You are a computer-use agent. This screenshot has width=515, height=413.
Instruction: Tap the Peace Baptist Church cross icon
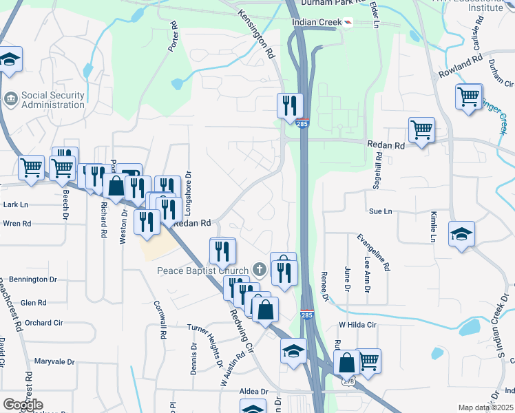pyautogui.click(x=259, y=269)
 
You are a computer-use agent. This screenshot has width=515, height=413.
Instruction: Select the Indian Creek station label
pyautogui.click(x=317, y=22)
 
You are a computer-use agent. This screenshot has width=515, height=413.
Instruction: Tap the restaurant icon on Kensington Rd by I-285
pyautogui.click(x=288, y=105)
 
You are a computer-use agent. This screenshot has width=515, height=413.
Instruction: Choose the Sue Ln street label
pyautogui.click(x=380, y=211)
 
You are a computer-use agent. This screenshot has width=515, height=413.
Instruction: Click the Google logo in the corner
pyautogui.click(x=23, y=405)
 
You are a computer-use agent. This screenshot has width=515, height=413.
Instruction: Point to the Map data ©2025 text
pyautogui.click(x=485, y=407)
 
